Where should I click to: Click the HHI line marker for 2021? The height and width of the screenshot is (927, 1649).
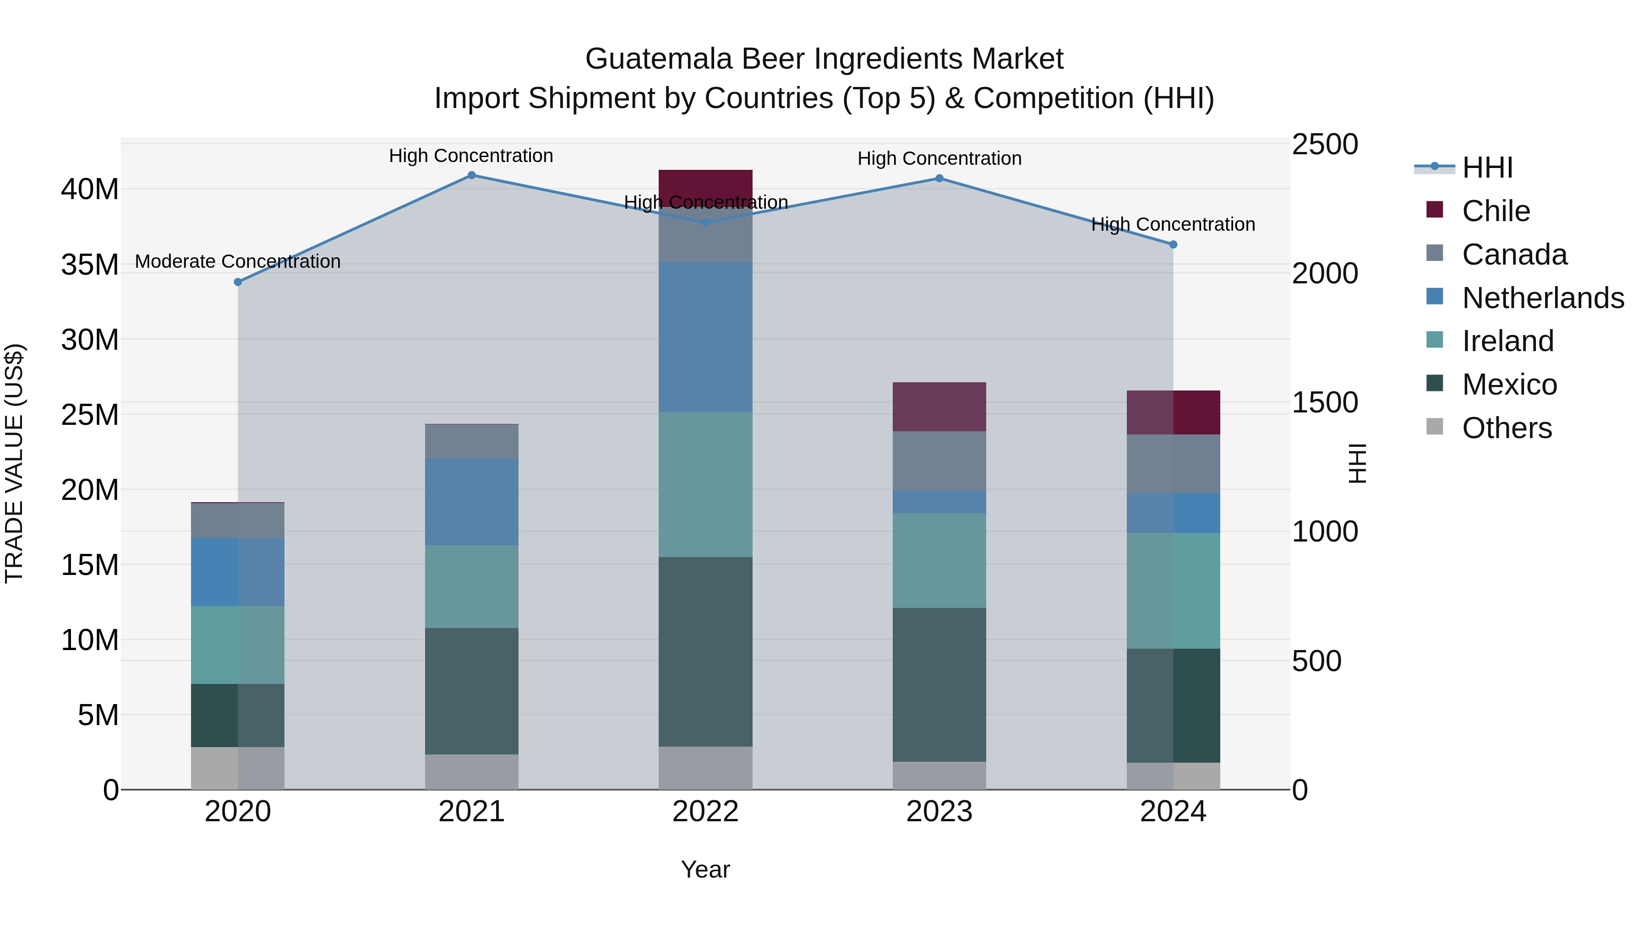(x=471, y=175)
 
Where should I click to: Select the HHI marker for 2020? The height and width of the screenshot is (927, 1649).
(x=238, y=282)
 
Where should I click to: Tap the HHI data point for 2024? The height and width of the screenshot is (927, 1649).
(x=1173, y=244)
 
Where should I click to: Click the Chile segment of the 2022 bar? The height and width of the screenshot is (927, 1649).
(x=705, y=186)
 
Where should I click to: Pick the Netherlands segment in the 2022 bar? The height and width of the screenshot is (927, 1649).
(x=705, y=337)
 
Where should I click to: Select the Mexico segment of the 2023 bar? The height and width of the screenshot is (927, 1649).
(x=939, y=684)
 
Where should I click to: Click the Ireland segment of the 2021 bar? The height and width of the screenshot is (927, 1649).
(x=471, y=587)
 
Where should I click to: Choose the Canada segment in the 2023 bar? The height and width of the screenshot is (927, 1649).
(x=939, y=461)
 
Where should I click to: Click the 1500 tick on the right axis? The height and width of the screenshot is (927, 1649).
(x=1324, y=403)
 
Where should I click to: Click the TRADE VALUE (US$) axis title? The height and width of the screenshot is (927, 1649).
(x=14, y=463)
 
